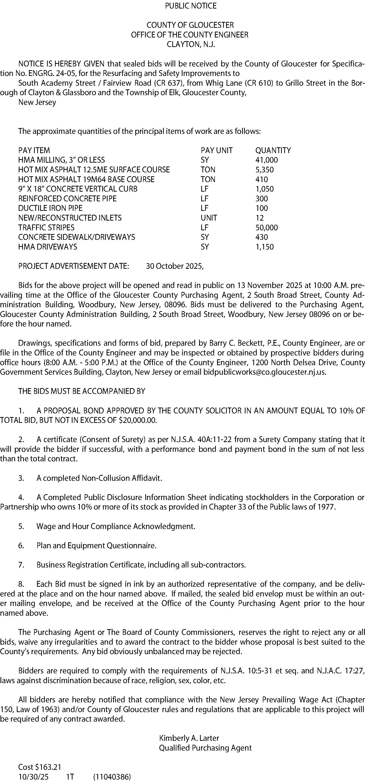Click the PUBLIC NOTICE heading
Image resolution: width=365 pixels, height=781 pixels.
pos(191,6)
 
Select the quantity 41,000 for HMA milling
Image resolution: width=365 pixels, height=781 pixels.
pos(266,160)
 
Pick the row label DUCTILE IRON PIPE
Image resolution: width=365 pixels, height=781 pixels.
pos(50,208)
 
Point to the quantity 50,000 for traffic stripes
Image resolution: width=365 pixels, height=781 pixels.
pos(266,227)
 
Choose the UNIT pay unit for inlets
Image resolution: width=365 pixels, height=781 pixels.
pos(209,218)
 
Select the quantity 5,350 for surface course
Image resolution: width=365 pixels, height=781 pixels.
pos(264,169)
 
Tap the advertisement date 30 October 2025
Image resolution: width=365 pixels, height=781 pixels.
pos(174,266)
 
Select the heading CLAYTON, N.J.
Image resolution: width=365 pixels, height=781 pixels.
pos(191,44)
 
